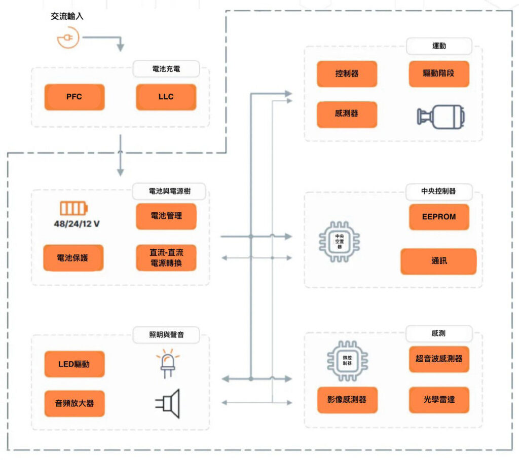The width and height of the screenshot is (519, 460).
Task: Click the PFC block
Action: pos(75,97)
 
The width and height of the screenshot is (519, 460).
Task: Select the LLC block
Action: pos(166,97)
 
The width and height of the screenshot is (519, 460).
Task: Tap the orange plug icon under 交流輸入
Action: pos(68,38)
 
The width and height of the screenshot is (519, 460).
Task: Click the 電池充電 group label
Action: pos(166,69)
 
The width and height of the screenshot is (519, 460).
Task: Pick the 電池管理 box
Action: pos(166,216)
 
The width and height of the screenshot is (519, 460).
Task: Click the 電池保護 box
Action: pos(73,258)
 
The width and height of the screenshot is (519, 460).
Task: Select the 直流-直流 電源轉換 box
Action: pos(166,258)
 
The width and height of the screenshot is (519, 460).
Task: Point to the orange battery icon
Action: pos(74,209)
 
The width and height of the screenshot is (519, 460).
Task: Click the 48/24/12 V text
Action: pos(77,224)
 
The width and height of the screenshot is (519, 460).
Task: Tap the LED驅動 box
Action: pos(75,364)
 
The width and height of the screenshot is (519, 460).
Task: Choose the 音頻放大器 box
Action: pos(75,403)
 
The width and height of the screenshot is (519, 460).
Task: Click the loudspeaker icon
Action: pos(168,404)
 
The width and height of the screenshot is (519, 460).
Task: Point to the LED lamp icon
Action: pos(168,363)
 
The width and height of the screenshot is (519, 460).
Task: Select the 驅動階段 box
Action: pos(439,74)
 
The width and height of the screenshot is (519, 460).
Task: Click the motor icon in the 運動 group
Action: pos(441,117)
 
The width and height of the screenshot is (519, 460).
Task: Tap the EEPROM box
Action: pos(439,217)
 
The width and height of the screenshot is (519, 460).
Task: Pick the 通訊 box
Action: pos(438,261)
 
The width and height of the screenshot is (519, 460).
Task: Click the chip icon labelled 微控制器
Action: pos(347,361)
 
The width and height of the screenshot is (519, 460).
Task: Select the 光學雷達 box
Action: pos(439,400)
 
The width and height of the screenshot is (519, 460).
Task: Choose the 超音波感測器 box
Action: pos(439,359)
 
